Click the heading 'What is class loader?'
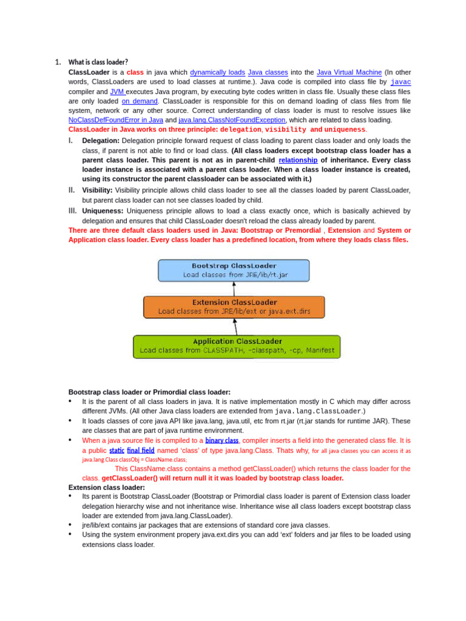click(98, 62)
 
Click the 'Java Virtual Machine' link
click(349, 72)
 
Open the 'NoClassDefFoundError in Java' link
click(116, 120)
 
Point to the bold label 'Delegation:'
click(101, 140)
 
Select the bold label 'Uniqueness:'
click(103, 210)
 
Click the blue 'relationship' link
click(298, 159)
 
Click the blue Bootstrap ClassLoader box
click(234, 270)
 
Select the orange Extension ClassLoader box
click(234, 307)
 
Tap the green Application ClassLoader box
click(237, 346)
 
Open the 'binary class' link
click(221, 440)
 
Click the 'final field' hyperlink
click(140, 451)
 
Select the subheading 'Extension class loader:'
click(107, 487)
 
